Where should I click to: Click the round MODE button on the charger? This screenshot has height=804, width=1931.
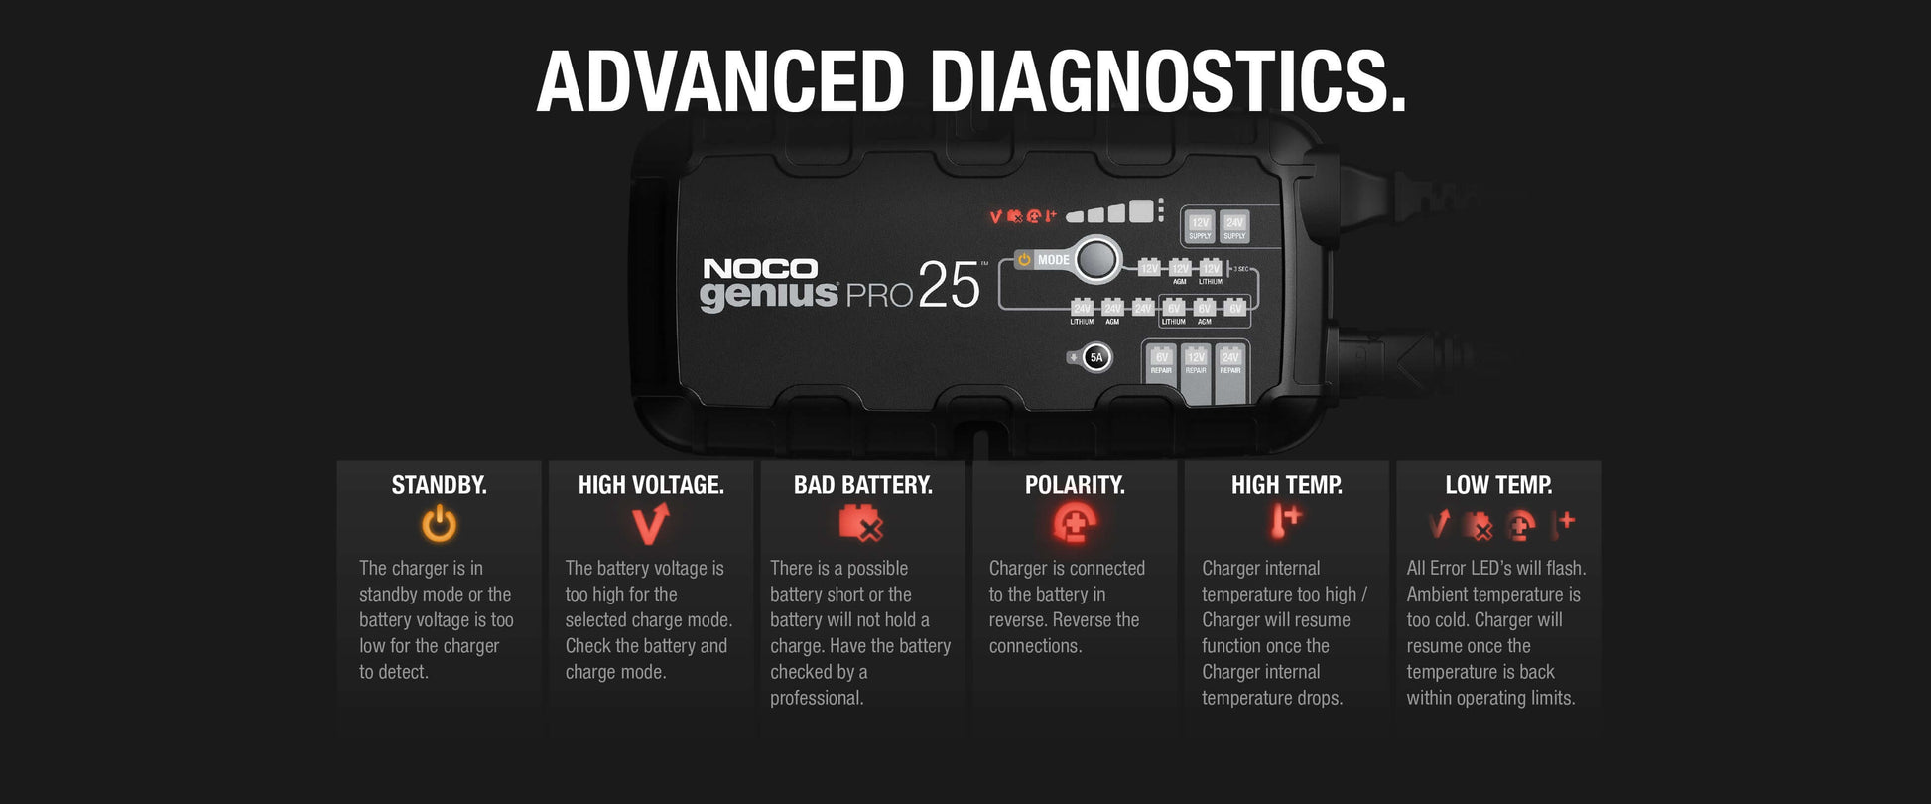tap(1095, 259)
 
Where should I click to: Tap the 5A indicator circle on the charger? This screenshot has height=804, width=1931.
tap(1096, 357)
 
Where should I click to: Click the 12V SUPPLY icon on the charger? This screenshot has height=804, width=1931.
tap(1200, 227)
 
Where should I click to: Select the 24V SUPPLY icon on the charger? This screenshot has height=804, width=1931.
tap(1234, 227)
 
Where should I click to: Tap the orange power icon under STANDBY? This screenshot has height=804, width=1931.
tap(439, 524)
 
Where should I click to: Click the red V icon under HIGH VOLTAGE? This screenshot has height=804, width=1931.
tap(651, 523)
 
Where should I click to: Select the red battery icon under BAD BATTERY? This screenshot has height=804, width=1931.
tap(860, 523)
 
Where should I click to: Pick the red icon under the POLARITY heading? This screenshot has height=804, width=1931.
tap(1075, 523)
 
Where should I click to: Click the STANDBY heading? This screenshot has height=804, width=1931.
tap(439, 485)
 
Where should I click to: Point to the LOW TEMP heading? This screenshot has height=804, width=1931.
tap(1498, 485)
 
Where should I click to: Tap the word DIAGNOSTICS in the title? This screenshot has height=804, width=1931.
tap(1168, 81)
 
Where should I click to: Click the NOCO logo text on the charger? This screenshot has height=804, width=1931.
tap(760, 269)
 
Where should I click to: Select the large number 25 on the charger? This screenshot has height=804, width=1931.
tap(949, 286)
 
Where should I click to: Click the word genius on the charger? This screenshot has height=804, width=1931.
tap(768, 295)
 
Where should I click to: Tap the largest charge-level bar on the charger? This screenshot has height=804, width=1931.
tap(1140, 210)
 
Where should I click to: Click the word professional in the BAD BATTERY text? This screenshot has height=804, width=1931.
tap(817, 698)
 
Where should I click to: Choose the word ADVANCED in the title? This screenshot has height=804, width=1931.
tap(720, 81)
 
